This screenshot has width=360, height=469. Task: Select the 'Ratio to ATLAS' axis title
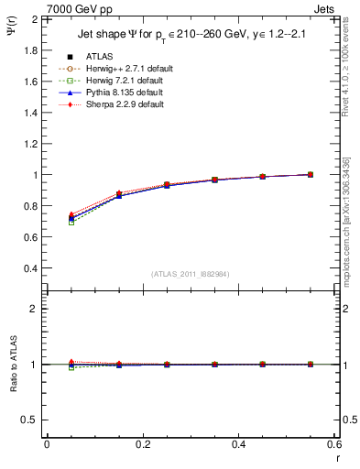pyautogui.click(x=13, y=363)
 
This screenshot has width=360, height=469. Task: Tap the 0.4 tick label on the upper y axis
pyautogui.click(x=33, y=268)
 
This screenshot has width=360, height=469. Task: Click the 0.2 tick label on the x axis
pyautogui.click(x=142, y=443)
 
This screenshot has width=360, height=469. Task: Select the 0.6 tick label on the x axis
pyautogui.click(x=334, y=443)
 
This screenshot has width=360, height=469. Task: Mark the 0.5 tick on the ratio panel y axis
pyautogui.click(x=33, y=420)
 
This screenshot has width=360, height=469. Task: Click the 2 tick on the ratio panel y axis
pyautogui.click(x=37, y=309)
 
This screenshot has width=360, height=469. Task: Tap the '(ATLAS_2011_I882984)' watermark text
pyautogui.click(x=191, y=274)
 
